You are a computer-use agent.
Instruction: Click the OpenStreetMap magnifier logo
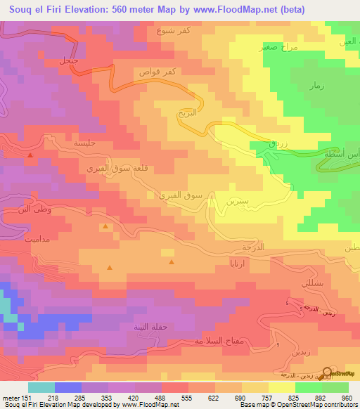point(327,372)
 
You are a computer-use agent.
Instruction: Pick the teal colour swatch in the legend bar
point(41,387)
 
